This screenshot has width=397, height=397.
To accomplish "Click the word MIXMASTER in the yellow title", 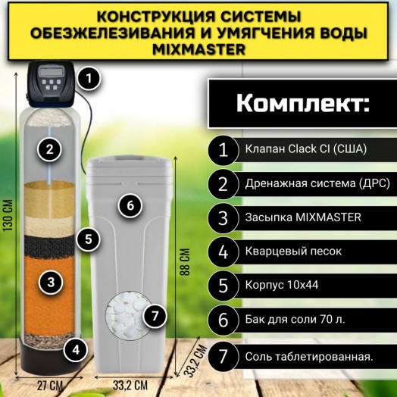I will (x=199, y=50).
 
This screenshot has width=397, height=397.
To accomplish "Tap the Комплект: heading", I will (x=302, y=103).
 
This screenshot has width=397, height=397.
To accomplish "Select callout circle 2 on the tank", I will (x=50, y=148).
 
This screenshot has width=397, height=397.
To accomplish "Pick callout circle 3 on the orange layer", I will (x=50, y=283).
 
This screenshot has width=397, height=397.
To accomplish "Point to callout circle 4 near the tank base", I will (x=74, y=349).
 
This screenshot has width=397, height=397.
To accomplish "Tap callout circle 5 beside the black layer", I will (x=89, y=239).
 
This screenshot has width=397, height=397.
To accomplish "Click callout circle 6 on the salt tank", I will (x=130, y=205).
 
